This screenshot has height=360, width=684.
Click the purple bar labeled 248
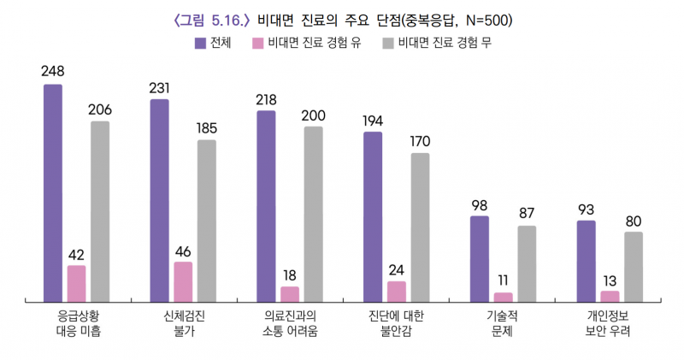coord(53,193)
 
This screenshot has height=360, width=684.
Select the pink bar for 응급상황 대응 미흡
coord(77,284)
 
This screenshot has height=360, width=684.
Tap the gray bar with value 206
coord(101,212)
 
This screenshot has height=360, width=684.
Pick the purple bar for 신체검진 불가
coord(159,201)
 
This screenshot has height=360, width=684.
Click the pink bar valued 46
coord(183,282)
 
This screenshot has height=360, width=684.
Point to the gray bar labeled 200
coord(314,215)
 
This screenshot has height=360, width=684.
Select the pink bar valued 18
coord(290,294)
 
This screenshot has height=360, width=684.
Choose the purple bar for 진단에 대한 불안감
coord(373,217)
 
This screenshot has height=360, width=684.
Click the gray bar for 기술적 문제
coord(527,264)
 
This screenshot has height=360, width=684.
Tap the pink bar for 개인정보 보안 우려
coord(610,296)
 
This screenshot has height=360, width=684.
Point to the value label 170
coord(420,141)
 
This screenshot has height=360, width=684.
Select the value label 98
coord(479,204)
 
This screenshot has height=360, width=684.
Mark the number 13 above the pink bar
coord(610,280)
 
